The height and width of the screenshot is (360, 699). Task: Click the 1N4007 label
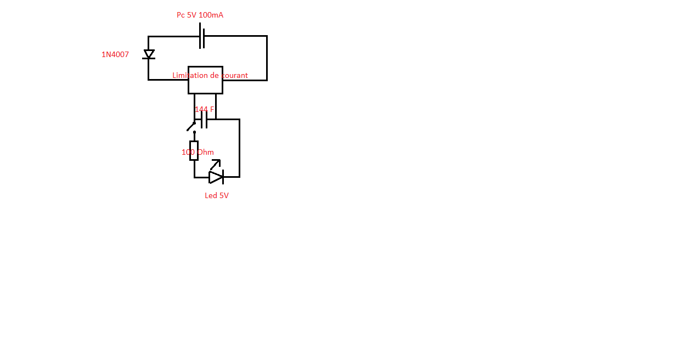tap(115, 54)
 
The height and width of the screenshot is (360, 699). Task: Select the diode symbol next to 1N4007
tap(149, 54)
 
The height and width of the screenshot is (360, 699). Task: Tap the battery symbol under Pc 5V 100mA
tap(202, 36)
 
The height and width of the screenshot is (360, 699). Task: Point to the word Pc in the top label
tap(181, 15)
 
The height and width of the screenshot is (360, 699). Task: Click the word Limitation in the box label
tap(189, 75)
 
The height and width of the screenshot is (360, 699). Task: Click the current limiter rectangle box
tap(205, 86)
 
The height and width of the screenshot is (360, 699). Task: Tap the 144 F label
tap(204, 109)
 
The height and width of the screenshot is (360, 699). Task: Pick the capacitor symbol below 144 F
tap(204, 119)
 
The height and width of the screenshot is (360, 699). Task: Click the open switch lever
tap(191, 126)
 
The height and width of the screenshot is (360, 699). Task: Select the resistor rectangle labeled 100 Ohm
tap(194, 150)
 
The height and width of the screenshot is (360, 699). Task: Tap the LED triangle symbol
tap(216, 177)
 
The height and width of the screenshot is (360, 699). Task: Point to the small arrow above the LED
tap(216, 164)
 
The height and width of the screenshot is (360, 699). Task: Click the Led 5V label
tap(217, 195)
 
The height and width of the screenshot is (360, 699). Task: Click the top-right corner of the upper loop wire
tap(267, 36)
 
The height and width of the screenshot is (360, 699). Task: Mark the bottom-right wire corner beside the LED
tap(239, 177)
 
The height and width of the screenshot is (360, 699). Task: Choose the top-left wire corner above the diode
tap(148, 37)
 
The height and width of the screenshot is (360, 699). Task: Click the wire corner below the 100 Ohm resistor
tap(194, 177)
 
